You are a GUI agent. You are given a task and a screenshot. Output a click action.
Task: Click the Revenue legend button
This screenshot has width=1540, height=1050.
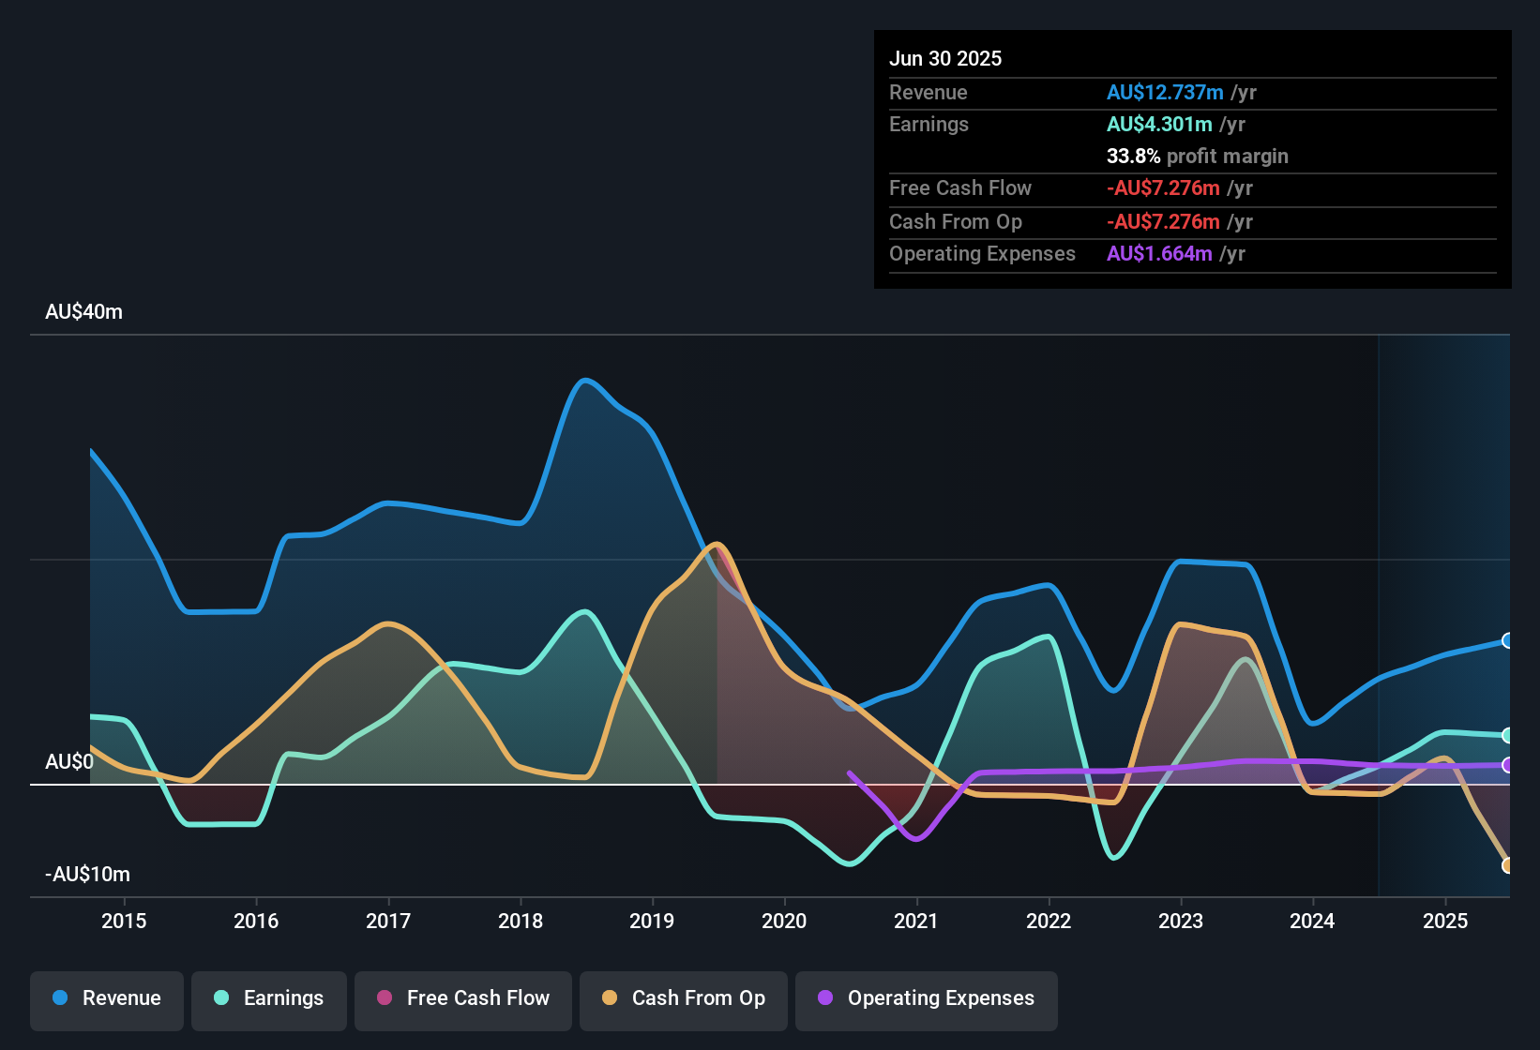pyautogui.click(x=107, y=998)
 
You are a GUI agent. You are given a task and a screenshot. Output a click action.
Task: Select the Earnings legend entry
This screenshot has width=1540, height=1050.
pyautogui.click(x=269, y=998)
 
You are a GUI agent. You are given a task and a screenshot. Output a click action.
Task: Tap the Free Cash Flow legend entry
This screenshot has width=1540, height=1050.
pyautogui.click(x=463, y=998)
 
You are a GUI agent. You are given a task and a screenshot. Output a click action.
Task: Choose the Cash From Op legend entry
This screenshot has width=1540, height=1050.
pyautogui.click(x=684, y=998)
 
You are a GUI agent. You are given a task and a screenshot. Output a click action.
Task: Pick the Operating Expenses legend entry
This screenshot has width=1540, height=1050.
pyautogui.click(x=927, y=998)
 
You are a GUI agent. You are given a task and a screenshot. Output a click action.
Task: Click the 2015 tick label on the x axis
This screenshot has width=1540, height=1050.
pyautogui.click(x=124, y=922)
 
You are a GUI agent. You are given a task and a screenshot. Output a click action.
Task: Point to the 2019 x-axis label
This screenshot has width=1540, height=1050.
pyautogui.click(x=652, y=922)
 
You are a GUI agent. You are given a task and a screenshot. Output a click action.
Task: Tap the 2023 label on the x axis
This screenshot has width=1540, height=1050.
pyautogui.click(x=1181, y=922)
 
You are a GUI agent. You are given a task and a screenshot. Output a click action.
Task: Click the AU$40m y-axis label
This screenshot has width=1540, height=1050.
pyautogui.click(x=83, y=312)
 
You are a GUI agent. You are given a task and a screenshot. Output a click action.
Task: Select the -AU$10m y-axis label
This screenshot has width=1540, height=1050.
pyautogui.click(x=87, y=875)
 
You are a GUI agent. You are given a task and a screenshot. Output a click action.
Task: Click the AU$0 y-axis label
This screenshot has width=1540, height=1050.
pyautogui.click(x=69, y=762)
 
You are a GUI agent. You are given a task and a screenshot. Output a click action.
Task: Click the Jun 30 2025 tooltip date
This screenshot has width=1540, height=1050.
pyautogui.click(x=945, y=59)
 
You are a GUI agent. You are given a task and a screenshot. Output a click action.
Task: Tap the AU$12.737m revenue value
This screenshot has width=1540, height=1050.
pyautogui.click(x=1165, y=93)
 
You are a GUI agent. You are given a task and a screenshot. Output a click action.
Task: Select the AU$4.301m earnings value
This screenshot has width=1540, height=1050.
pyautogui.click(x=1159, y=125)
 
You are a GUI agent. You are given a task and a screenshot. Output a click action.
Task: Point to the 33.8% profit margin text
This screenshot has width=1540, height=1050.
pyautogui.click(x=1197, y=157)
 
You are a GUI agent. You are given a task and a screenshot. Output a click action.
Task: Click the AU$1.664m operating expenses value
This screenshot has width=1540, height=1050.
pyautogui.click(x=1159, y=254)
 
